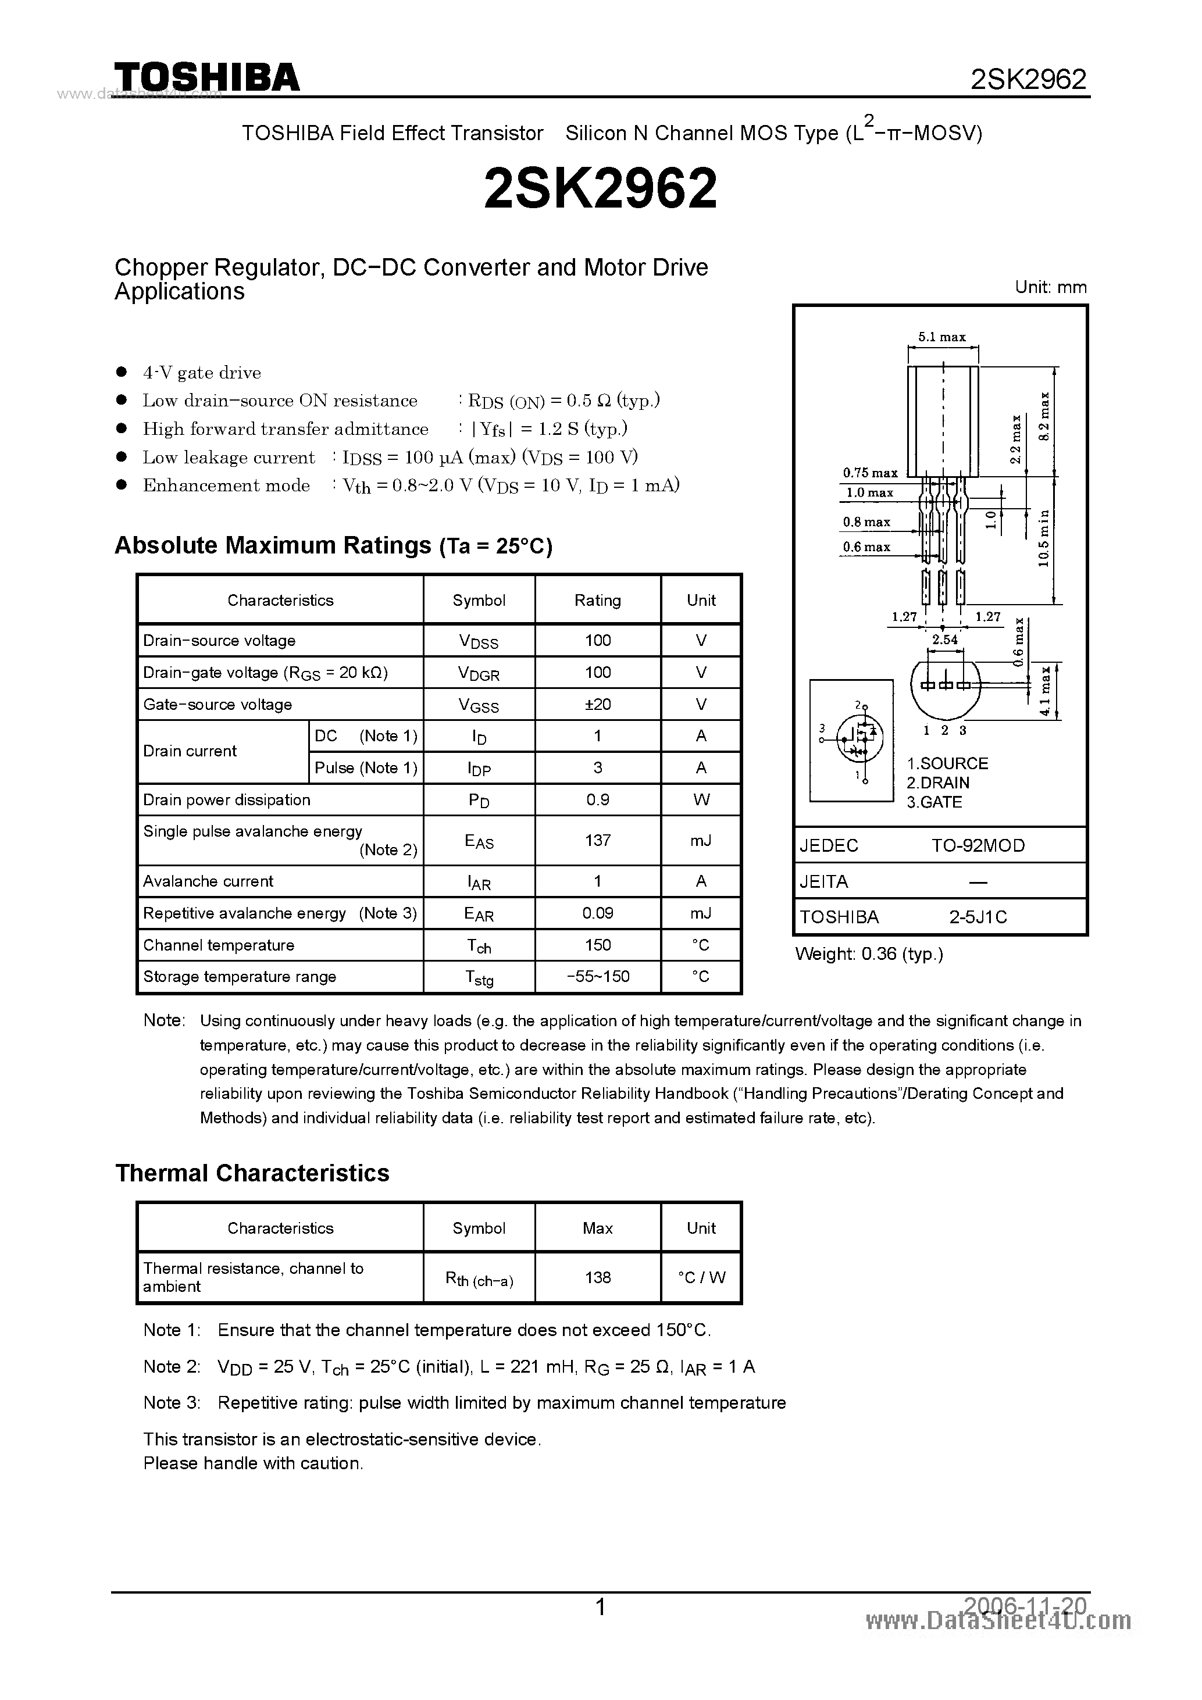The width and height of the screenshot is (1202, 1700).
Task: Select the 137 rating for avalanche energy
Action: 598,840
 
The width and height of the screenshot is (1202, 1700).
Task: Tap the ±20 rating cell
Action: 598,704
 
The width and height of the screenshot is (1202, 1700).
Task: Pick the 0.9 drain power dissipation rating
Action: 598,799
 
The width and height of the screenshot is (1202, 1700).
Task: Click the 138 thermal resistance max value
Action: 598,1277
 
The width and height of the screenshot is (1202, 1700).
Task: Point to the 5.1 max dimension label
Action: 942,337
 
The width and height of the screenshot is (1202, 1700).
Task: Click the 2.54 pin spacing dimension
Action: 945,640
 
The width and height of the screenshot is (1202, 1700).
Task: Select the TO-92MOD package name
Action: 978,845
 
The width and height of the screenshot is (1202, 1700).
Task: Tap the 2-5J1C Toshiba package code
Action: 978,917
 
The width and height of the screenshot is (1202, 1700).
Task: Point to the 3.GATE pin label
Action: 934,802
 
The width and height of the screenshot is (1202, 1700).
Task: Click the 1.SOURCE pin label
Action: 947,763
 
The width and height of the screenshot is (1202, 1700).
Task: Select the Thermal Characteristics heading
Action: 252,1174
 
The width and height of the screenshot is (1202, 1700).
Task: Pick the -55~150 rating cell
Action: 598,977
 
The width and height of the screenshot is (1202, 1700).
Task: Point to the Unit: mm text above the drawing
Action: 1050,287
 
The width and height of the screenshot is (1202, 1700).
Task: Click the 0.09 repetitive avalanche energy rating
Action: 598,913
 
